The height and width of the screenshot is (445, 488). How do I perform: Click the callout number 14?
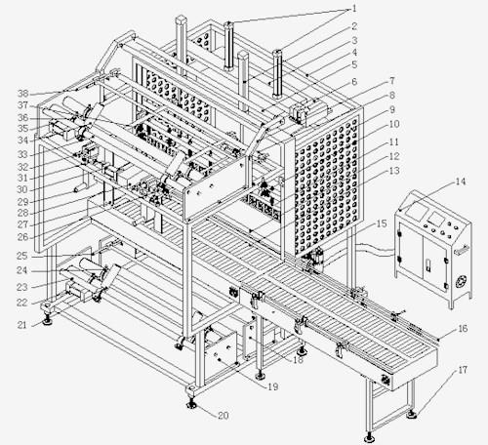pos(461,182)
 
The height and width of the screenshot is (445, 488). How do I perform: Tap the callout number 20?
pos(224,416)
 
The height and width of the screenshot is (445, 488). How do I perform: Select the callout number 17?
pos(463,370)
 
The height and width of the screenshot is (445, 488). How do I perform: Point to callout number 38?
pos(23,94)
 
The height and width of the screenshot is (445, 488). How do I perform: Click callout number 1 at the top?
pos(354,9)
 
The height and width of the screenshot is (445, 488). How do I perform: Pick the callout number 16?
pos(463,329)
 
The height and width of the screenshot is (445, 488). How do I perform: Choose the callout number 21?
pos(21,325)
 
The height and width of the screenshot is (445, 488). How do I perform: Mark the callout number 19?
pos(272,386)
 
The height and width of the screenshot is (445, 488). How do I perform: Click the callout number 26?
pos(22,237)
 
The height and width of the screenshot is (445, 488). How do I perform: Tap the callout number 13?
pos(394,171)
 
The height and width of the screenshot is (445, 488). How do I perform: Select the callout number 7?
pos(392,80)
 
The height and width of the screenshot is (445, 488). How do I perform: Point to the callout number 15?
pos(382,223)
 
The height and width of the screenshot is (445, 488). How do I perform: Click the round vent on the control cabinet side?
pos(462,281)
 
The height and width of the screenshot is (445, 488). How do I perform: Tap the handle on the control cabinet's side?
pos(462,250)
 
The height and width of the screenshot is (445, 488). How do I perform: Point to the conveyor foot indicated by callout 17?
pos(412,414)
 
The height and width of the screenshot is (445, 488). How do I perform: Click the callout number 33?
pos(22,154)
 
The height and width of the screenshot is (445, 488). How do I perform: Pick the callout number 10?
pos(394,124)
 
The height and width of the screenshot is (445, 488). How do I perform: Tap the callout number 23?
pos(22,287)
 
